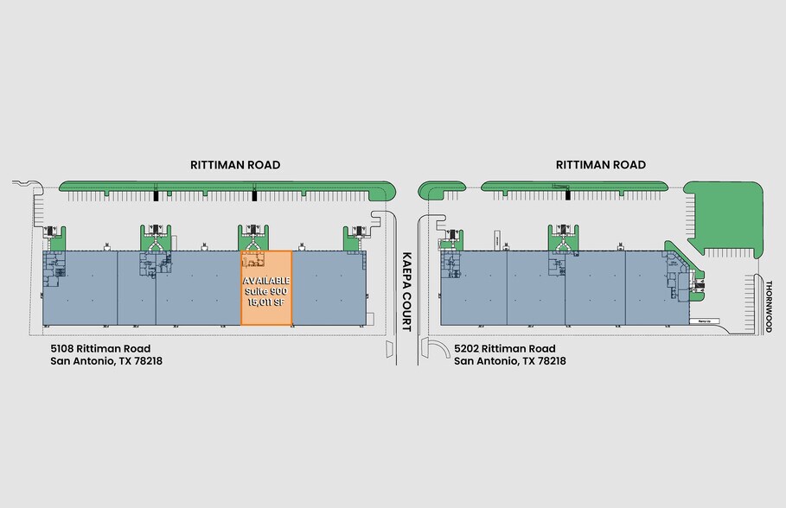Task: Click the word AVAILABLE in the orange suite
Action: point(266,282)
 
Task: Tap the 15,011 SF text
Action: point(266,302)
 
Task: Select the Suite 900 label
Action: point(266,292)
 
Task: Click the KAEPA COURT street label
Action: point(406,292)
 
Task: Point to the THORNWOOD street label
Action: point(767,305)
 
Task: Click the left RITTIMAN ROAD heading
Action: point(235,165)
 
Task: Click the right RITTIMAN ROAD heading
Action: point(600,165)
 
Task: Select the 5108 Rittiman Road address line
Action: point(100,349)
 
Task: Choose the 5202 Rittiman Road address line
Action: point(505,349)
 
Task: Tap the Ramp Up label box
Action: point(704,321)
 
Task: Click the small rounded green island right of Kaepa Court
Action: point(442,187)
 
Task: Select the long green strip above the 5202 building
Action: point(574,186)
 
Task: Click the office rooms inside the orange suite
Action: point(254,260)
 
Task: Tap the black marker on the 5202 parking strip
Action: point(568,195)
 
